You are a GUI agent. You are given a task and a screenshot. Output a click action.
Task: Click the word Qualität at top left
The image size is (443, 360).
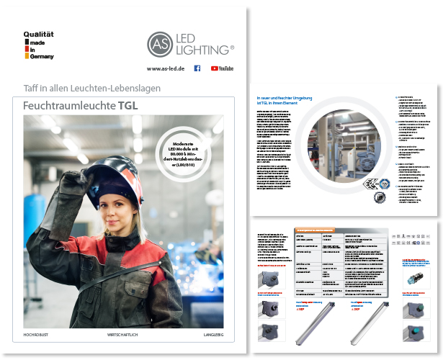pyautogui.click(x=39, y=34)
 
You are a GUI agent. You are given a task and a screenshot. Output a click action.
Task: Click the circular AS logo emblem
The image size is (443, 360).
pyautogui.click(x=161, y=44)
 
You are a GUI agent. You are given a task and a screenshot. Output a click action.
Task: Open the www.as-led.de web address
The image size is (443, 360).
pyautogui.click(x=164, y=68)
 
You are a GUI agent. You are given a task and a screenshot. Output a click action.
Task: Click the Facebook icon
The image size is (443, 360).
pyautogui.click(x=197, y=68)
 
